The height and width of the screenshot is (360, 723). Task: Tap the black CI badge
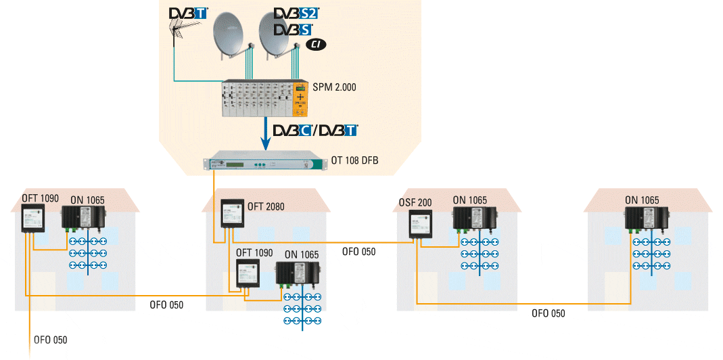316,45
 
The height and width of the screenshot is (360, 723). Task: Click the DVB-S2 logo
296,14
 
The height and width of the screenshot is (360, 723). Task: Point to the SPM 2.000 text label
334,87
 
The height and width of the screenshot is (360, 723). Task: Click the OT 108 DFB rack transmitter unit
260,164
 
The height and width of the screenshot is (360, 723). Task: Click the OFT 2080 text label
266,206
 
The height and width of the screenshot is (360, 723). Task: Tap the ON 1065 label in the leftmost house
87,200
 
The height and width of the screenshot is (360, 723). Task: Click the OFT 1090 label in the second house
254,253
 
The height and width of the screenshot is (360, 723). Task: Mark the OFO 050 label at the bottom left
51,340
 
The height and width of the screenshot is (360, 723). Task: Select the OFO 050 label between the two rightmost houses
548,313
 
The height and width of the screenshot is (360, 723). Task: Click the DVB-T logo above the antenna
188,14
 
